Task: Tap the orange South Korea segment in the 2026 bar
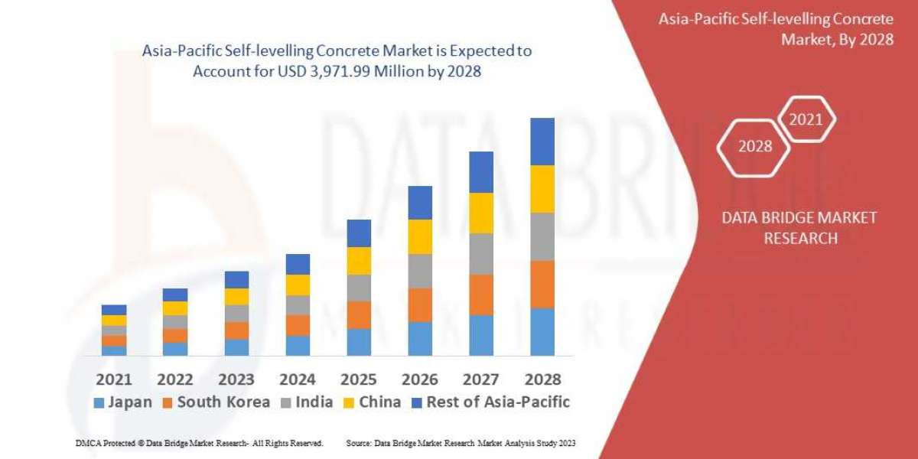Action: [x=419, y=304]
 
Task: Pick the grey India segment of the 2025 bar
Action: [x=358, y=288]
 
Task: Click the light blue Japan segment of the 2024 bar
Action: [x=298, y=345]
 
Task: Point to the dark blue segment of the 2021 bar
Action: [x=114, y=310]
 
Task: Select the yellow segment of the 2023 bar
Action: [x=236, y=297]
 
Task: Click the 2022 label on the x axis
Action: [x=175, y=379]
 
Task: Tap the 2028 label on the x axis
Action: [x=542, y=379]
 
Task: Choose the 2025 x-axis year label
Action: [x=358, y=379]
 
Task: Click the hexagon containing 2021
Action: [x=806, y=119]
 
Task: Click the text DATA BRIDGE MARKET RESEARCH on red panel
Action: [x=799, y=228]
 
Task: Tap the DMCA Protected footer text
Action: [x=199, y=443]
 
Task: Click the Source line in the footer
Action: [x=461, y=443]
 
